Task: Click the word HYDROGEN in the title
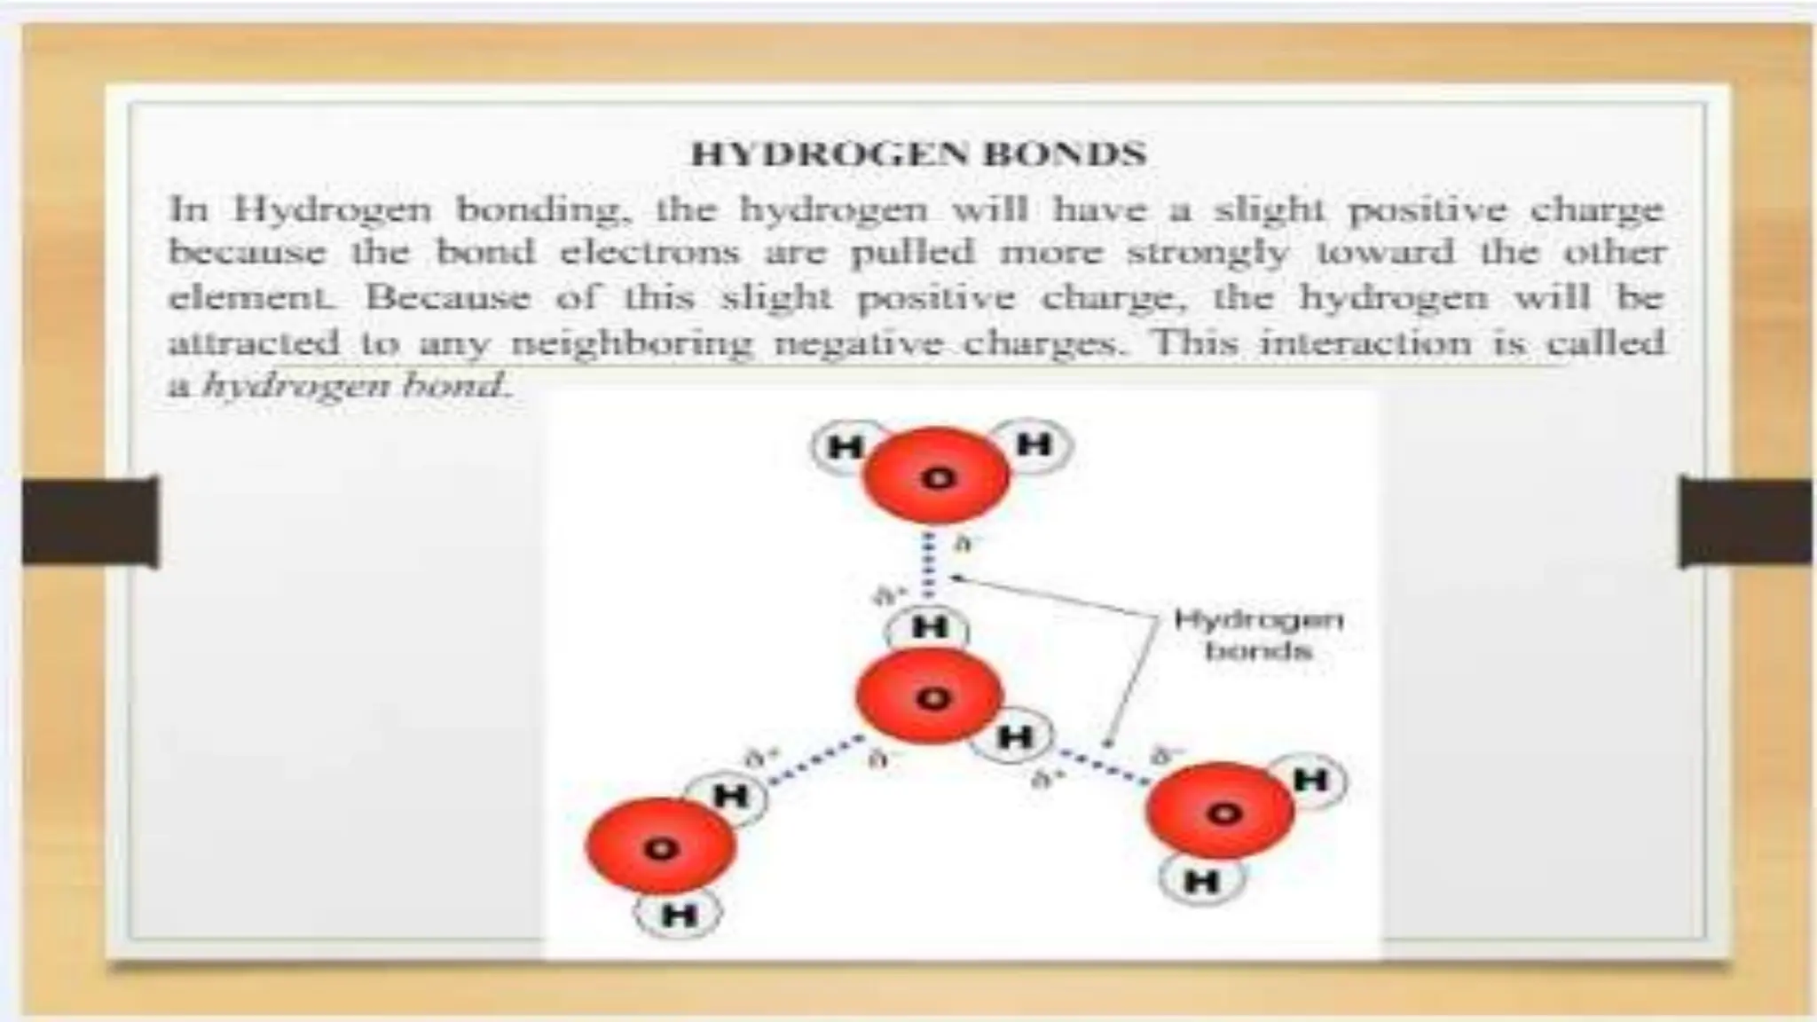click(x=830, y=154)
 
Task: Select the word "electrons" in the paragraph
click(x=649, y=253)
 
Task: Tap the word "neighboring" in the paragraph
click(x=631, y=342)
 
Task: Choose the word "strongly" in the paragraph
click(x=1207, y=253)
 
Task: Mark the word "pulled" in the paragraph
click(x=912, y=253)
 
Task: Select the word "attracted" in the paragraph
click(x=255, y=342)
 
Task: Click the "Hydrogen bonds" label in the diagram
click(x=1258, y=634)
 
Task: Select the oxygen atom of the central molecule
click(x=930, y=698)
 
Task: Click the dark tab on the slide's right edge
click(x=1745, y=522)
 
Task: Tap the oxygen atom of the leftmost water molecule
click(x=660, y=848)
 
